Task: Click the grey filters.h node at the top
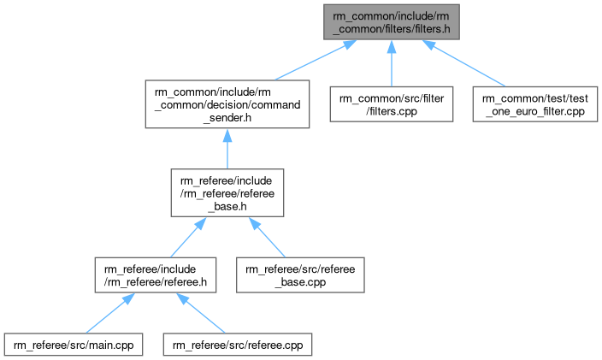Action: (x=391, y=21)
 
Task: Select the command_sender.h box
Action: (x=227, y=104)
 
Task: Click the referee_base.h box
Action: (x=227, y=192)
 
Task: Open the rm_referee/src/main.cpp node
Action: (x=73, y=345)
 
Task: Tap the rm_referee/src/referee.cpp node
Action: (x=239, y=345)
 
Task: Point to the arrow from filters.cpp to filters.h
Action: (x=391, y=63)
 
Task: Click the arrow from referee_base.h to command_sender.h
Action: (x=227, y=149)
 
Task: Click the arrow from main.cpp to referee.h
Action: (x=108, y=314)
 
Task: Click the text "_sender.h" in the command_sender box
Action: (x=227, y=117)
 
